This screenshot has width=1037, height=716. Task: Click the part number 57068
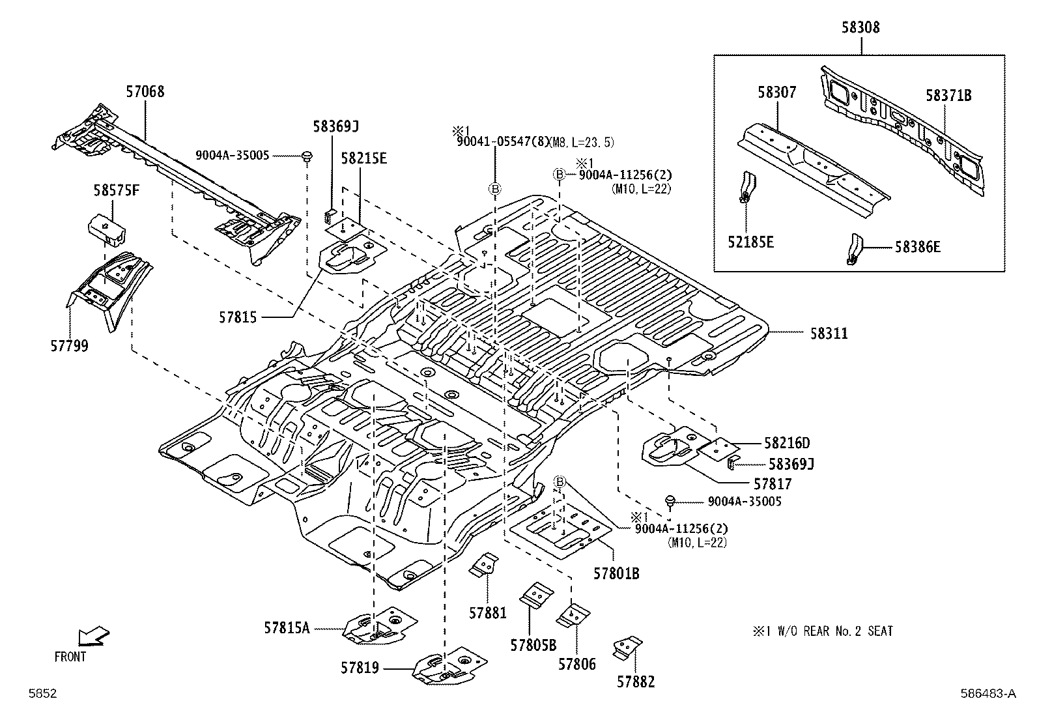(x=145, y=92)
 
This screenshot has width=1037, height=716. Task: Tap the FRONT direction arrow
(x=94, y=636)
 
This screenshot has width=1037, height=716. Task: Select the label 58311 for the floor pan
(x=829, y=334)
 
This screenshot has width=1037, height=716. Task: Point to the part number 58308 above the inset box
(x=860, y=27)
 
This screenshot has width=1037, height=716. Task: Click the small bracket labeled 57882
(x=627, y=648)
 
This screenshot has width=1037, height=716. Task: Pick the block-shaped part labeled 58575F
(x=107, y=229)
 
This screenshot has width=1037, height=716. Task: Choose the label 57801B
(x=616, y=574)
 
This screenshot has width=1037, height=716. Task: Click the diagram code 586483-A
(x=988, y=693)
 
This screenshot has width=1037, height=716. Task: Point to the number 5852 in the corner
(x=42, y=693)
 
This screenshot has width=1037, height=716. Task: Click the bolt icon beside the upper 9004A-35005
(x=306, y=156)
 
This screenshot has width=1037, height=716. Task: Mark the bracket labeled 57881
(x=484, y=565)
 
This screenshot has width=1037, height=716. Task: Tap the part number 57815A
(x=287, y=628)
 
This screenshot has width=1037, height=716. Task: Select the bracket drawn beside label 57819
(x=449, y=666)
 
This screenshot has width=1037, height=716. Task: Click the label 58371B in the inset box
(x=948, y=95)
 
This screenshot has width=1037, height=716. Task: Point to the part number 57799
(x=70, y=345)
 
